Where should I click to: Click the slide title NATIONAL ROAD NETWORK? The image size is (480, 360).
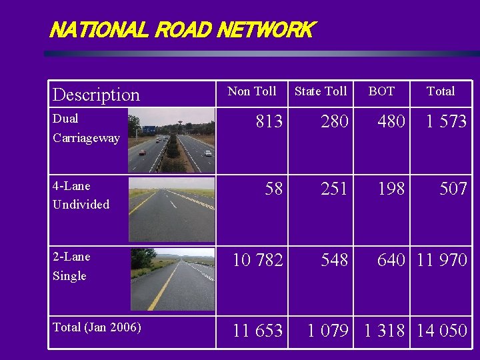tap(181, 30)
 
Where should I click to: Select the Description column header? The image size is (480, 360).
tap(96, 95)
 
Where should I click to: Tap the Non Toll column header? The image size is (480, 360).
tap(252, 91)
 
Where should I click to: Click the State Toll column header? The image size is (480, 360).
tap(321, 91)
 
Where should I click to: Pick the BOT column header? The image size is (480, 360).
tap(381, 91)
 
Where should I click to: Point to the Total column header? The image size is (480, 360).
tap(441, 91)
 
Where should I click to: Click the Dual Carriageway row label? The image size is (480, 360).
tap(86, 128)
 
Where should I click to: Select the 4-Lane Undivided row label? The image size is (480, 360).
tap(81, 195)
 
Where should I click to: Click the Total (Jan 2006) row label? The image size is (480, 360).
tap(96, 327)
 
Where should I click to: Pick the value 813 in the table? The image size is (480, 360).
tap(269, 121)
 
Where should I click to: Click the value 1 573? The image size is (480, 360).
tap(442, 121)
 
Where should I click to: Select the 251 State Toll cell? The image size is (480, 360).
tap(334, 189)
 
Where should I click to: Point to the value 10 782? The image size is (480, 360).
tap(257, 260)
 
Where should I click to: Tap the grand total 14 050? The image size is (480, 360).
tap(442, 331)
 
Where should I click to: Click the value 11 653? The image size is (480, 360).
tap(257, 331)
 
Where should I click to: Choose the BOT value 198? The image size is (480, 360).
tap(391, 189)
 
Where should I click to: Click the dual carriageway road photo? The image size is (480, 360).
tap(172, 141)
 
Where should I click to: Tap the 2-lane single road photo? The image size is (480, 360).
tap(172, 280)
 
